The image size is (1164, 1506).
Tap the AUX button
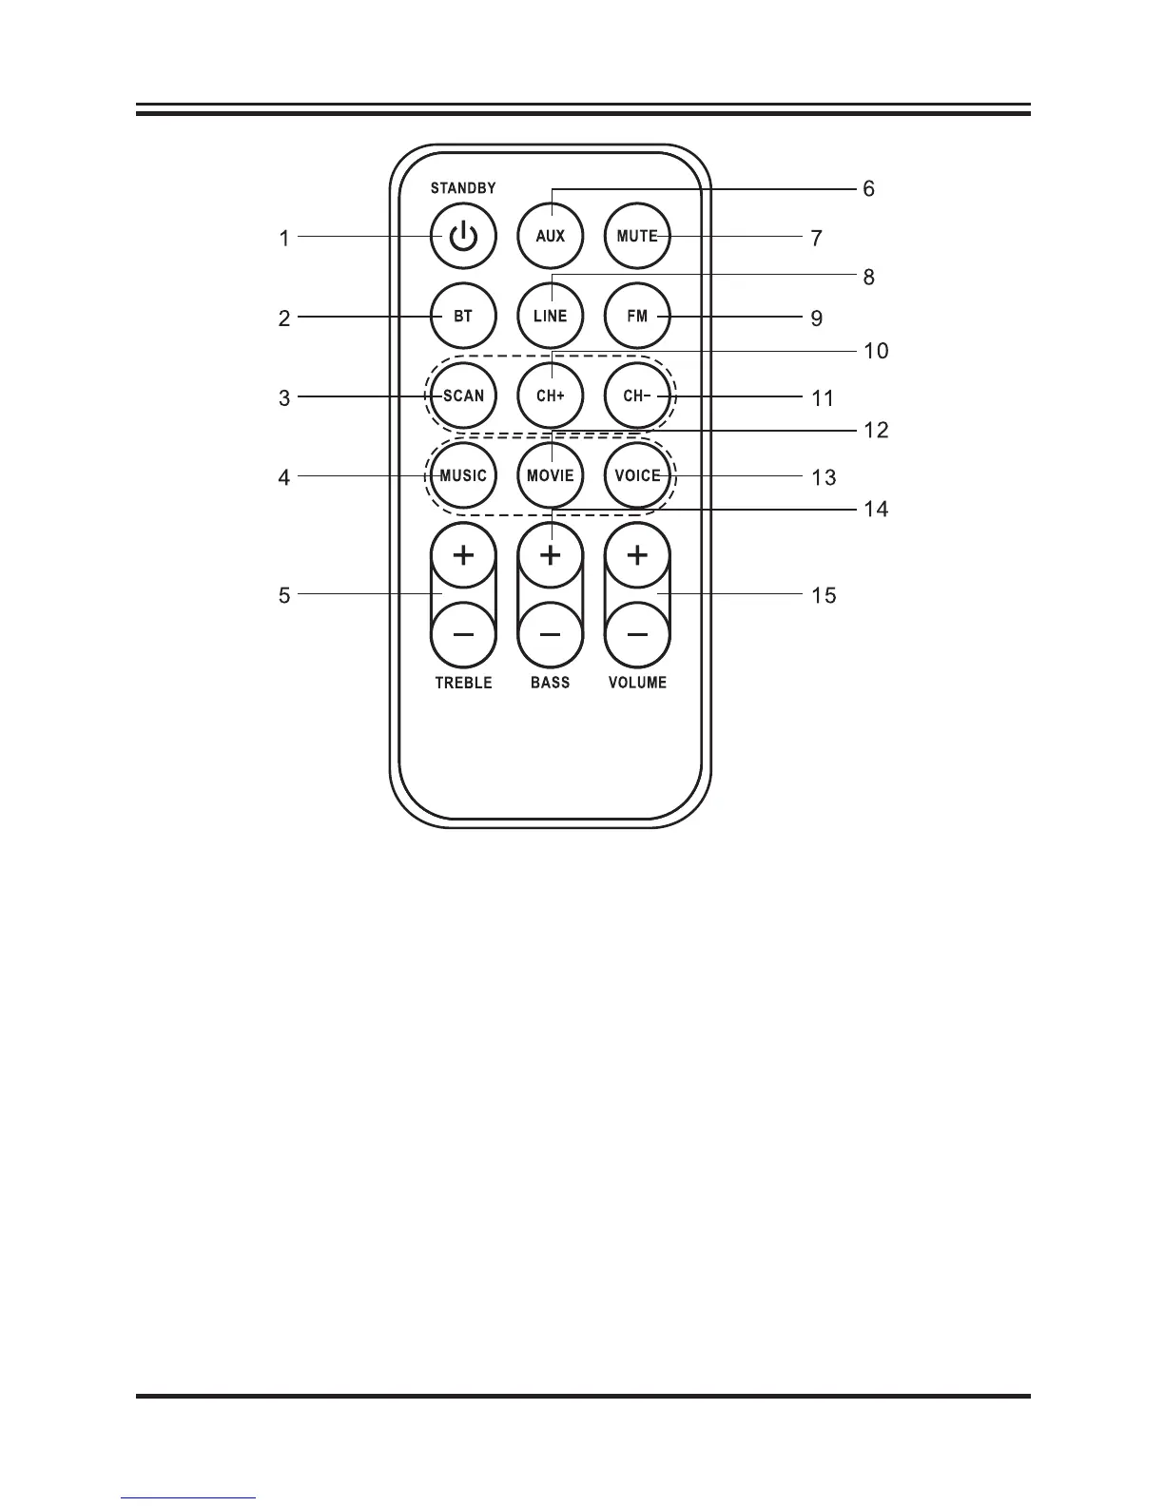[551, 236]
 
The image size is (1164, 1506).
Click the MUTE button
[637, 236]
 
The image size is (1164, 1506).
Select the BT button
[463, 316]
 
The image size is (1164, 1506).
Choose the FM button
[637, 316]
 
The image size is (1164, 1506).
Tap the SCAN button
[463, 396]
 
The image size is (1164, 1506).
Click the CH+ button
[551, 396]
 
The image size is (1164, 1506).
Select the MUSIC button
[463, 475]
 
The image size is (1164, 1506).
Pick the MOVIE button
[551, 475]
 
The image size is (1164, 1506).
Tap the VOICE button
[637, 475]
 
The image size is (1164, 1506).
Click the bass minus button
[551, 634]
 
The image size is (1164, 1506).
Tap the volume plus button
[637, 554]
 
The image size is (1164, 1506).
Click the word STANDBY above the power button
[463, 188]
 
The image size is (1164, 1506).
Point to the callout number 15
[824, 595]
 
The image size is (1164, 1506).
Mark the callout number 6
[868, 189]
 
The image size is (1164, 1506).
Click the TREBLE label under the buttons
[463, 683]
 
